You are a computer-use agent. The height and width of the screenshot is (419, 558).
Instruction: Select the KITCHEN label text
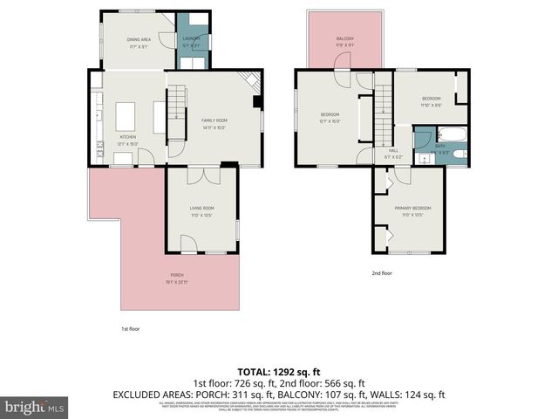pos(127,138)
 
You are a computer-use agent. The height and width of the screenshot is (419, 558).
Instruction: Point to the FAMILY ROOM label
pos(214,120)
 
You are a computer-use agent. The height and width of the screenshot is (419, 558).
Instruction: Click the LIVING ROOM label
pos(201,208)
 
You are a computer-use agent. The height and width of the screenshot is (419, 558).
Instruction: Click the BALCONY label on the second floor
pos(346,39)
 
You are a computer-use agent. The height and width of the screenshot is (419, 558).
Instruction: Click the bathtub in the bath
pos(451,134)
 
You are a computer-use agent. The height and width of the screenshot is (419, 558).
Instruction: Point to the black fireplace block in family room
pos(258,101)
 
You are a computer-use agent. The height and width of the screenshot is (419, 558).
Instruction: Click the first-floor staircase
pos(177,108)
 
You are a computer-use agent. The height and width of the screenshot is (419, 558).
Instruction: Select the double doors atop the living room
pos(202,174)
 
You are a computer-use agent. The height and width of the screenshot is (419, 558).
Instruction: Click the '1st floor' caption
pos(130,329)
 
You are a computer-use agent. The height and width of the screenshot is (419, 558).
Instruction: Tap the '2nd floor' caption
pos(382,273)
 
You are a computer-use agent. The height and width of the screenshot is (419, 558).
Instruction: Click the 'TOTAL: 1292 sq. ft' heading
pos(278,371)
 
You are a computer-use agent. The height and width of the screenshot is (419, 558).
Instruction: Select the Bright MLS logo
pos(35,407)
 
